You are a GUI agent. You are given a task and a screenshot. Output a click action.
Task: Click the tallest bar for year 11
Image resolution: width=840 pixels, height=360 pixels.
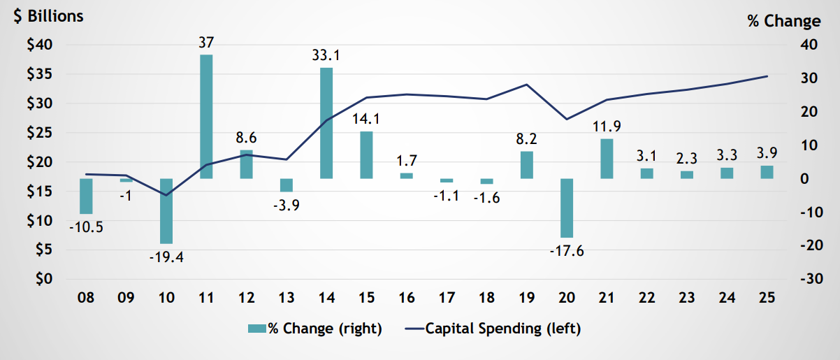[x=206, y=116]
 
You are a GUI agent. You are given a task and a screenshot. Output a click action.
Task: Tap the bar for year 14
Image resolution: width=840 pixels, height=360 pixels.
[x=326, y=123]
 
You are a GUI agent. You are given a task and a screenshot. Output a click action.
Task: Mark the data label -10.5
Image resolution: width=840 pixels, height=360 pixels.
[x=86, y=228]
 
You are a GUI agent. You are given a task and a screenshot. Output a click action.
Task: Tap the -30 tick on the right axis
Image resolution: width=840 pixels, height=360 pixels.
[x=804, y=279]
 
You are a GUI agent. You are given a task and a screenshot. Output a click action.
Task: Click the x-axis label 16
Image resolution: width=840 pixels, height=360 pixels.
[x=407, y=298]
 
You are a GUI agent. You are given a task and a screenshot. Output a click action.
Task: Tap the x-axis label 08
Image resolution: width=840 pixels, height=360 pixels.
[x=86, y=298]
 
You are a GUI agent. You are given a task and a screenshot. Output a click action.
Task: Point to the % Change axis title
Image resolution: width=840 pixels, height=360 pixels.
[x=783, y=21]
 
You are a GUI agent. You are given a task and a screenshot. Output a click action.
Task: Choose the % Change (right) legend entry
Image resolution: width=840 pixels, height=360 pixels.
[x=314, y=329]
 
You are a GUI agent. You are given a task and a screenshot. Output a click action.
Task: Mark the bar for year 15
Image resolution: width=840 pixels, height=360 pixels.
[x=366, y=154]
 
